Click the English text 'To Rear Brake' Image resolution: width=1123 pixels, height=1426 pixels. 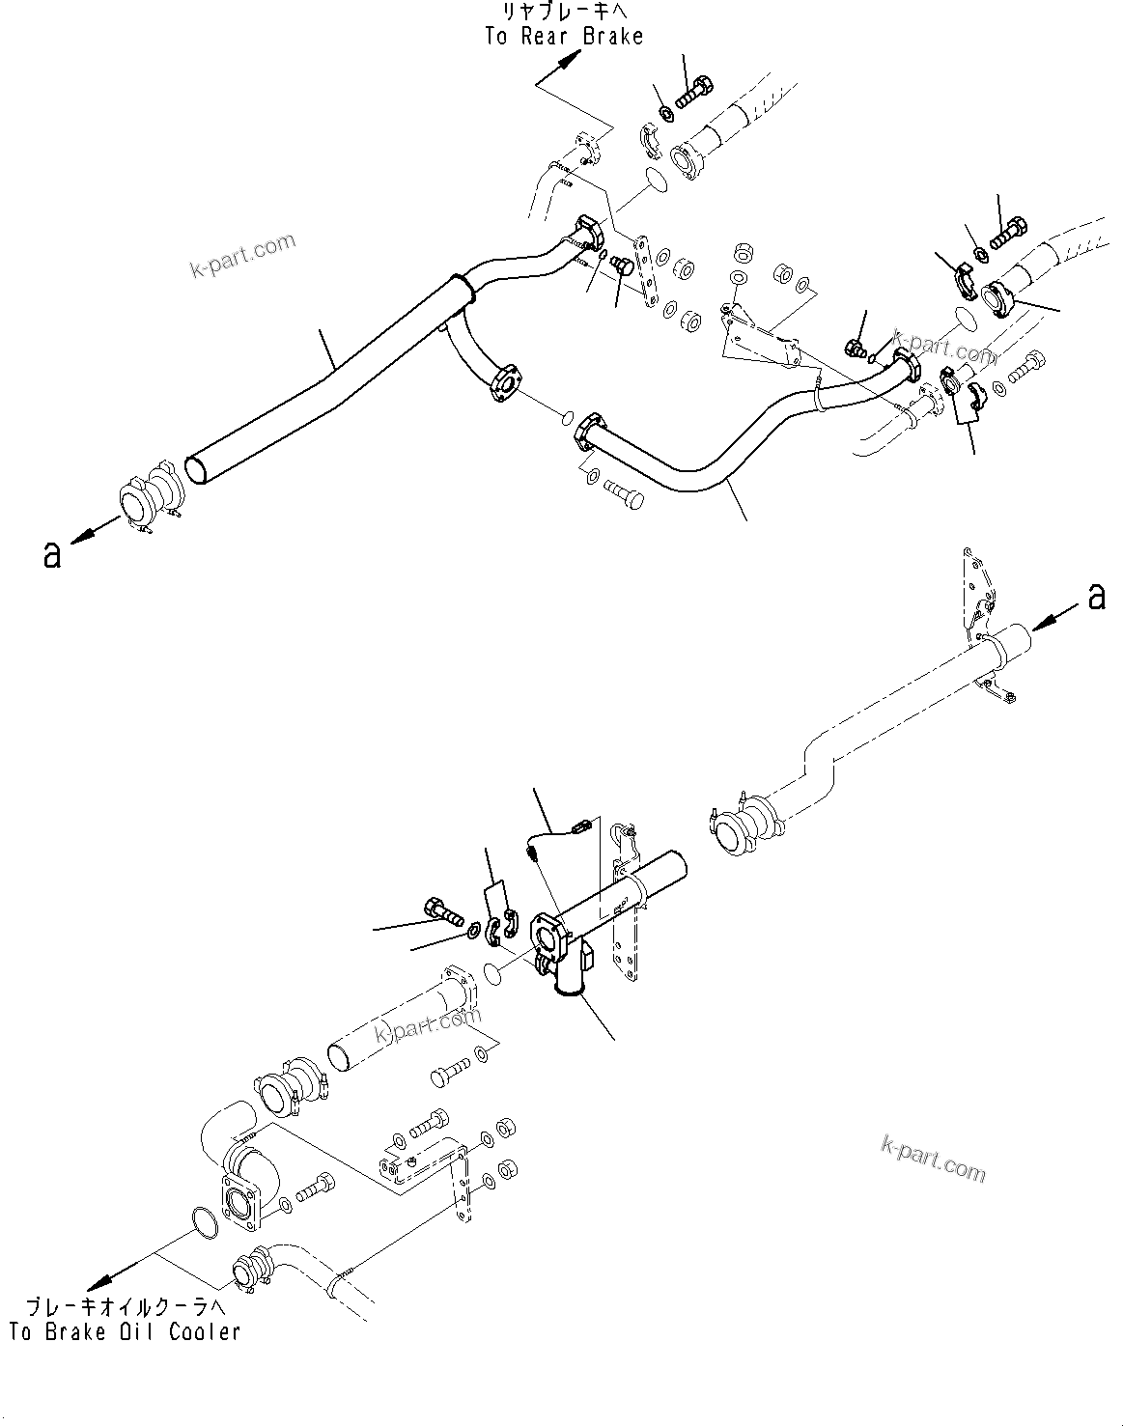click(563, 37)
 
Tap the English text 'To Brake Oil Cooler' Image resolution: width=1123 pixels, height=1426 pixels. click(125, 1331)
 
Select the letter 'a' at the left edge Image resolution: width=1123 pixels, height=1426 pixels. click(52, 554)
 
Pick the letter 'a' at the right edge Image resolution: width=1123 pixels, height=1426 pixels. click(1096, 597)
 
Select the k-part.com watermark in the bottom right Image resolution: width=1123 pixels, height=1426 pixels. click(933, 1157)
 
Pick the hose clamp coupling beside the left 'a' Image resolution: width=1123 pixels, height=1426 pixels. click(147, 499)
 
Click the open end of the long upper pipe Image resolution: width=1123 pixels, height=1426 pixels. click(197, 467)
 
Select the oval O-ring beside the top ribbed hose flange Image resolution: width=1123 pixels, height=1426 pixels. click(656, 179)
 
